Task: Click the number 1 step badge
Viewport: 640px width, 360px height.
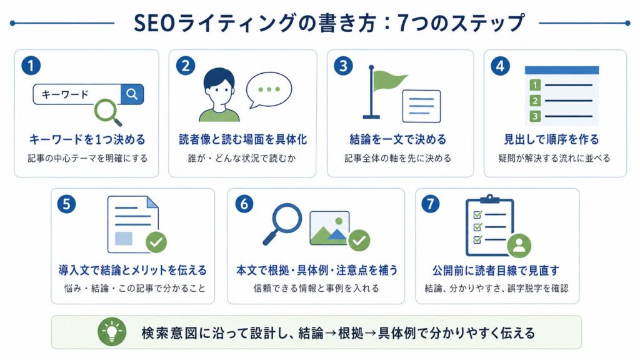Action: click(31, 66)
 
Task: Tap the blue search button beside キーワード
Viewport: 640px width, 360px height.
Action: click(132, 94)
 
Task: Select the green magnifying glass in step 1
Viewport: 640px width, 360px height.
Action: click(107, 112)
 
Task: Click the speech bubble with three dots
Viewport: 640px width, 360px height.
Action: click(269, 90)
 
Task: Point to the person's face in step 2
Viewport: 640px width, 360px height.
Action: click(219, 89)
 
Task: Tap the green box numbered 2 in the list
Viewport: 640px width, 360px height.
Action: click(535, 101)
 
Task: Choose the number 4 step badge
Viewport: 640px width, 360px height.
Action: click(501, 66)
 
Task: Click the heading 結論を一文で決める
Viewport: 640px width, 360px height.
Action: click(398, 139)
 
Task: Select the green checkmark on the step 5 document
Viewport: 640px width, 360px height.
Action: click(156, 242)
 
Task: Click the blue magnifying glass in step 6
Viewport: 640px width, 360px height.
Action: click(282, 223)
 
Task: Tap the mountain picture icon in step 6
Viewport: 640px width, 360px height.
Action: click(329, 227)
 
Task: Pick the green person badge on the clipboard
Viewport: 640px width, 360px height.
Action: click(519, 245)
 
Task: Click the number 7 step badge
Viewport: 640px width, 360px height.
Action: click(430, 204)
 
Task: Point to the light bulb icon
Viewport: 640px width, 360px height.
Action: click(111, 331)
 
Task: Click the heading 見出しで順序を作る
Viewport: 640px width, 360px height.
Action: click(551, 139)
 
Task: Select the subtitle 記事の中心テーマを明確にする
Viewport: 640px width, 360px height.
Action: click(87, 158)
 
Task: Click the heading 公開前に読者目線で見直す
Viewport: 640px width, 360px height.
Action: click(496, 270)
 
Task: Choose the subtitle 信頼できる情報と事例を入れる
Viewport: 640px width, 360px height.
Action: click(316, 289)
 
